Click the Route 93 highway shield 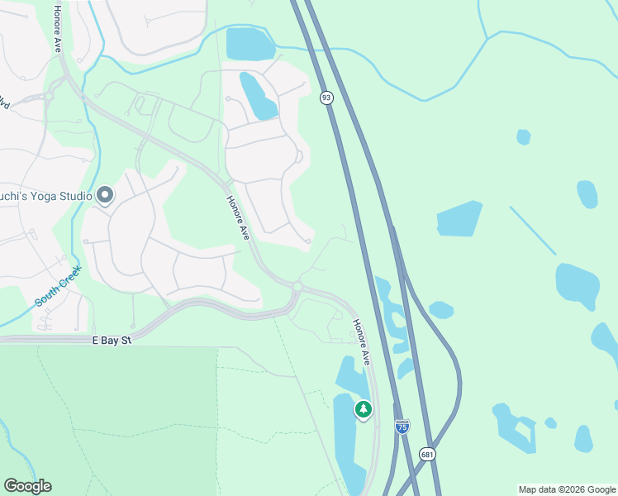coord(326,98)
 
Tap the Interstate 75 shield coord(402,427)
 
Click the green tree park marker coord(363,409)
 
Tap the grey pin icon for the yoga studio coord(105,195)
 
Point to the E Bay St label coord(112,339)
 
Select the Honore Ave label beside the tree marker coord(362,342)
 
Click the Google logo coord(27,486)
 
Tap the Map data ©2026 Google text coord(567,489)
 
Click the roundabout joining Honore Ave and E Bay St coord(297,287)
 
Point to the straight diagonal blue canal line coord(533,231)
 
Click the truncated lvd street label coord(4,103)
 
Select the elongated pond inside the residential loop coord(259,96)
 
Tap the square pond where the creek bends coord(250,45)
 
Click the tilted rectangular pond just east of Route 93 coord(459,219)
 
